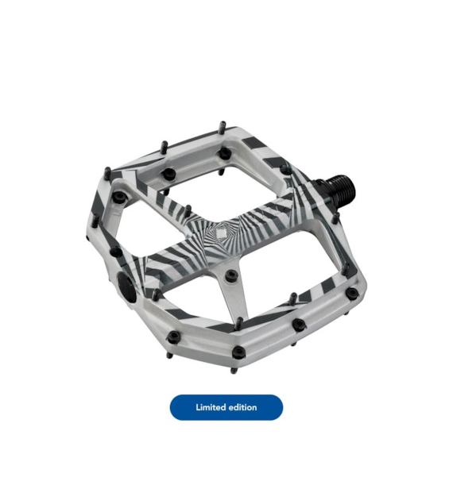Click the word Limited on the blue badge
point(210,407)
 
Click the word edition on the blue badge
point(242,407)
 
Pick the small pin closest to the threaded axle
point(335,217)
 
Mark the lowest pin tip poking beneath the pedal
point(234,371)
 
